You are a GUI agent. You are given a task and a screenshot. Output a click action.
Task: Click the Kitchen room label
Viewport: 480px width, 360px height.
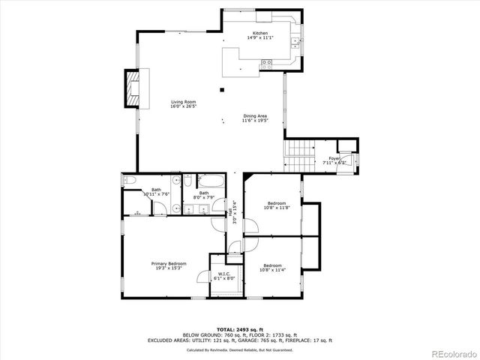pos(260,34)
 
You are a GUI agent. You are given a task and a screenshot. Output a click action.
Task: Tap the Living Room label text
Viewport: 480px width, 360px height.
pos(184,102)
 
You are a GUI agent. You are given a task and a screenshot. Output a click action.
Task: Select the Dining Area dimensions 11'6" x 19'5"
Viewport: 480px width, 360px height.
pos(255,120)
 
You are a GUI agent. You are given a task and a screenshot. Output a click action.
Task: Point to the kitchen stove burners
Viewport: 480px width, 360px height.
pos(265,67)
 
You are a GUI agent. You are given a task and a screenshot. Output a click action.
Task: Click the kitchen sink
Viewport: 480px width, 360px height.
pos(296,41)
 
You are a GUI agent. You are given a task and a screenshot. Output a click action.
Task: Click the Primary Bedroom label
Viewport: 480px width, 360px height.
pos(168,263)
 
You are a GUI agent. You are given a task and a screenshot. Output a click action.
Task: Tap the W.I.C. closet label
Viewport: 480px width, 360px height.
pos(224,274)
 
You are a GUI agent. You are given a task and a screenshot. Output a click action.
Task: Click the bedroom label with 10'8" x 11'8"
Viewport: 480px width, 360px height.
pos(277,203)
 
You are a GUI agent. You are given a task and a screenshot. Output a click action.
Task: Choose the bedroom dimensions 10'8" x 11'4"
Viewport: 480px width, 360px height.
pos(271,270)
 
